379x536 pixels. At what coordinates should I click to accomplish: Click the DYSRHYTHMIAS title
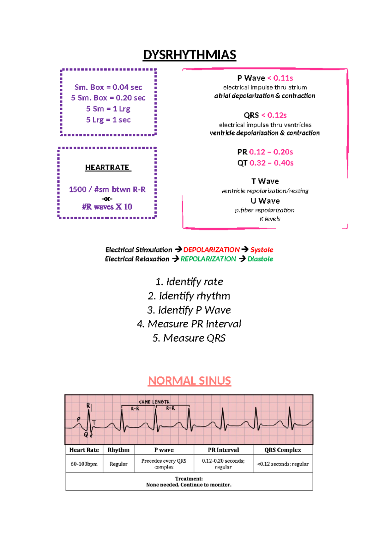click(x=189, y=55)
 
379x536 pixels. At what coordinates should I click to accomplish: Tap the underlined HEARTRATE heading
click(x=108, y=167)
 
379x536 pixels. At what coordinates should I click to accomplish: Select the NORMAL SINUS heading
click(x=189, y=381)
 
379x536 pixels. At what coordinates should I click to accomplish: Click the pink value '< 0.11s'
click(x=280, y=78)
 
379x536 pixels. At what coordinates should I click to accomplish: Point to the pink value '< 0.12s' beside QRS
click(x=274, y=115)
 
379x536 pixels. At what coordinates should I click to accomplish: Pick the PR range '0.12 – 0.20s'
click(x=271, y=152)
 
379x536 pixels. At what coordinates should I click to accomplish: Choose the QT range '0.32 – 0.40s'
click(x=271, y=163)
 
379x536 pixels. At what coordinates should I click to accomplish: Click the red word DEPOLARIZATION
click(x=211, y=250)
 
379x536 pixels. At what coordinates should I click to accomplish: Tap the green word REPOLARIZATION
click(x=208, y=259)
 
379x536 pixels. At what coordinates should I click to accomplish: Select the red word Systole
click(x=262, y=250)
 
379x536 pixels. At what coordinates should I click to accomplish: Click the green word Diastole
click(x=260, y=259)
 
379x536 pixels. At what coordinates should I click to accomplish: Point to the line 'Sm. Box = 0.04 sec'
click(x=108, y=87)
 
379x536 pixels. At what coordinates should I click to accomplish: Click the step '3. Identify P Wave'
click(x=189, y=310)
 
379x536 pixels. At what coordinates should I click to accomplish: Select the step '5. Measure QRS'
click(x=189, y=338)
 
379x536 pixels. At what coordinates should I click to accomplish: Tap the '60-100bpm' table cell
click(x=84, y=464)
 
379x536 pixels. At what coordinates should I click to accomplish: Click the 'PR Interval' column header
click(x=223, y=450)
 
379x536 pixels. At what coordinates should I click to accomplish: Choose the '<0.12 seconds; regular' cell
click(x=283, y=464)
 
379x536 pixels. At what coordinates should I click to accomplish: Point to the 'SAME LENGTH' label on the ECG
click(x=154, y=402)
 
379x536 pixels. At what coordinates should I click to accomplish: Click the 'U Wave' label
click(x=265, y=201)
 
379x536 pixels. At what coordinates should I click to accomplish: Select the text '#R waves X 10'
click(x=107, y=207)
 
